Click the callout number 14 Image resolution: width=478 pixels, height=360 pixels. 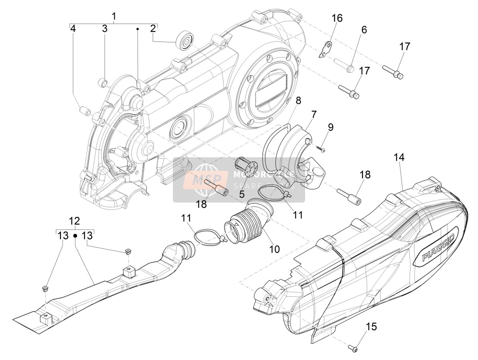coord(399,157)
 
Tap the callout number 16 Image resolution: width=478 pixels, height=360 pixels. coord(337,18)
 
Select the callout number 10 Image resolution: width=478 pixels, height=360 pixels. coord(274,249)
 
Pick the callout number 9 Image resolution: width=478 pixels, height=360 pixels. coord(331,127)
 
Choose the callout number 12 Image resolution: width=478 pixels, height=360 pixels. coord(74,221)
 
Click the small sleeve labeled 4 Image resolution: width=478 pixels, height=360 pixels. coord(85,111)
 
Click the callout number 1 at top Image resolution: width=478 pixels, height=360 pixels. coord(114,16)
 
